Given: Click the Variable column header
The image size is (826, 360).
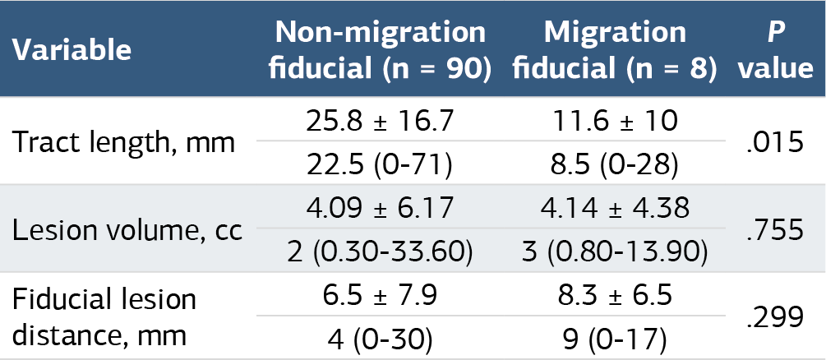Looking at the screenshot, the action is click(x=72, y=50).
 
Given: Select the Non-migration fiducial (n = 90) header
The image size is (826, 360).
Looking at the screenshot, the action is click(x=380, y=50).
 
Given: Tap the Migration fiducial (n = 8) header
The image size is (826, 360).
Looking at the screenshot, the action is click(x=615, y=50).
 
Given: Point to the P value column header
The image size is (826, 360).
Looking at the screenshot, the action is click(x=775, y=50).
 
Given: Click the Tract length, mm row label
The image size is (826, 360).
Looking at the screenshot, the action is click(x=123, y=142).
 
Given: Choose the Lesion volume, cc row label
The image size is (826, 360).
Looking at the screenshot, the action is click(x=127, y=230).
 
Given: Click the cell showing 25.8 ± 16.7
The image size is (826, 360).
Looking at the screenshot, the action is click(x=380, y=121).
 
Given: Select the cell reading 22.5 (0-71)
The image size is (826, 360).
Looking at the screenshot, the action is click(x=380, y=165).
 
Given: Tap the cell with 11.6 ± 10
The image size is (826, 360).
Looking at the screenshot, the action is click(x=615, y=121).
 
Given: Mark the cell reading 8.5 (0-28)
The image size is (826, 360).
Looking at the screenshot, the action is click(x=615, y=165).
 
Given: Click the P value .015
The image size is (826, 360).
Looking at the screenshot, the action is click(x=775, y=143).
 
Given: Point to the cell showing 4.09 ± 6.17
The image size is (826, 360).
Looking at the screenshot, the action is click(x=380, y=208).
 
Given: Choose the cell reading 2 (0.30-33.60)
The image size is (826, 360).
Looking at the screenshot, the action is click(x=380, y=252).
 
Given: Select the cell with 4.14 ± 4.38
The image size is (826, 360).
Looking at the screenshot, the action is click(x=615, y=208).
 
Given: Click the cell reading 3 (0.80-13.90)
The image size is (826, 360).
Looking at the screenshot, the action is click(x=615, y=252).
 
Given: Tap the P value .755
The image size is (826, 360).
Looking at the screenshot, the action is click(x=775, y=231).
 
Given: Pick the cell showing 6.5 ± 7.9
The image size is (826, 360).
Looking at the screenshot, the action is click(x=380, y=296).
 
